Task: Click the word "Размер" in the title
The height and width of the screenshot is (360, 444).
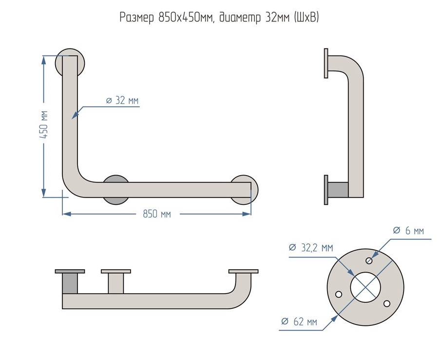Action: coord(137,18)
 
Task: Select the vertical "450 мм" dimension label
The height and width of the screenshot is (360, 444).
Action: coord(44,125)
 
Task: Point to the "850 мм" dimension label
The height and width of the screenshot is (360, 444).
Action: coord(157,214)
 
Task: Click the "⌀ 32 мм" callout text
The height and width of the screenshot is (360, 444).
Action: coord(122,100)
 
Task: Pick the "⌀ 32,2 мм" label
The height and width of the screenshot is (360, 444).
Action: coord(310,248)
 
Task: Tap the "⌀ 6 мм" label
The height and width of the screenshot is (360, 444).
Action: coord(408,230)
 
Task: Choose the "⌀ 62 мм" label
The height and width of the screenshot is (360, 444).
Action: coord(299,322)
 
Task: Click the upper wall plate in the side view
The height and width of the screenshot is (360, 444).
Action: coord(326,63)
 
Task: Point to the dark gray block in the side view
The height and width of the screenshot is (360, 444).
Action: coord(338,190)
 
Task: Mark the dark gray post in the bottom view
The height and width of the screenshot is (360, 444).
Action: coord(70,283)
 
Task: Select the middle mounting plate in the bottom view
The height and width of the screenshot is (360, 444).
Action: coord(116,271)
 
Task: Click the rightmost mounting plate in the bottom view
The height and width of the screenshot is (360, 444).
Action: coord(243,271)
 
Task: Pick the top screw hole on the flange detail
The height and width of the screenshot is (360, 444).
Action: coord(369,260)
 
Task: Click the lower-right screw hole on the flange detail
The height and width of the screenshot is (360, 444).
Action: coord(386,303)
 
